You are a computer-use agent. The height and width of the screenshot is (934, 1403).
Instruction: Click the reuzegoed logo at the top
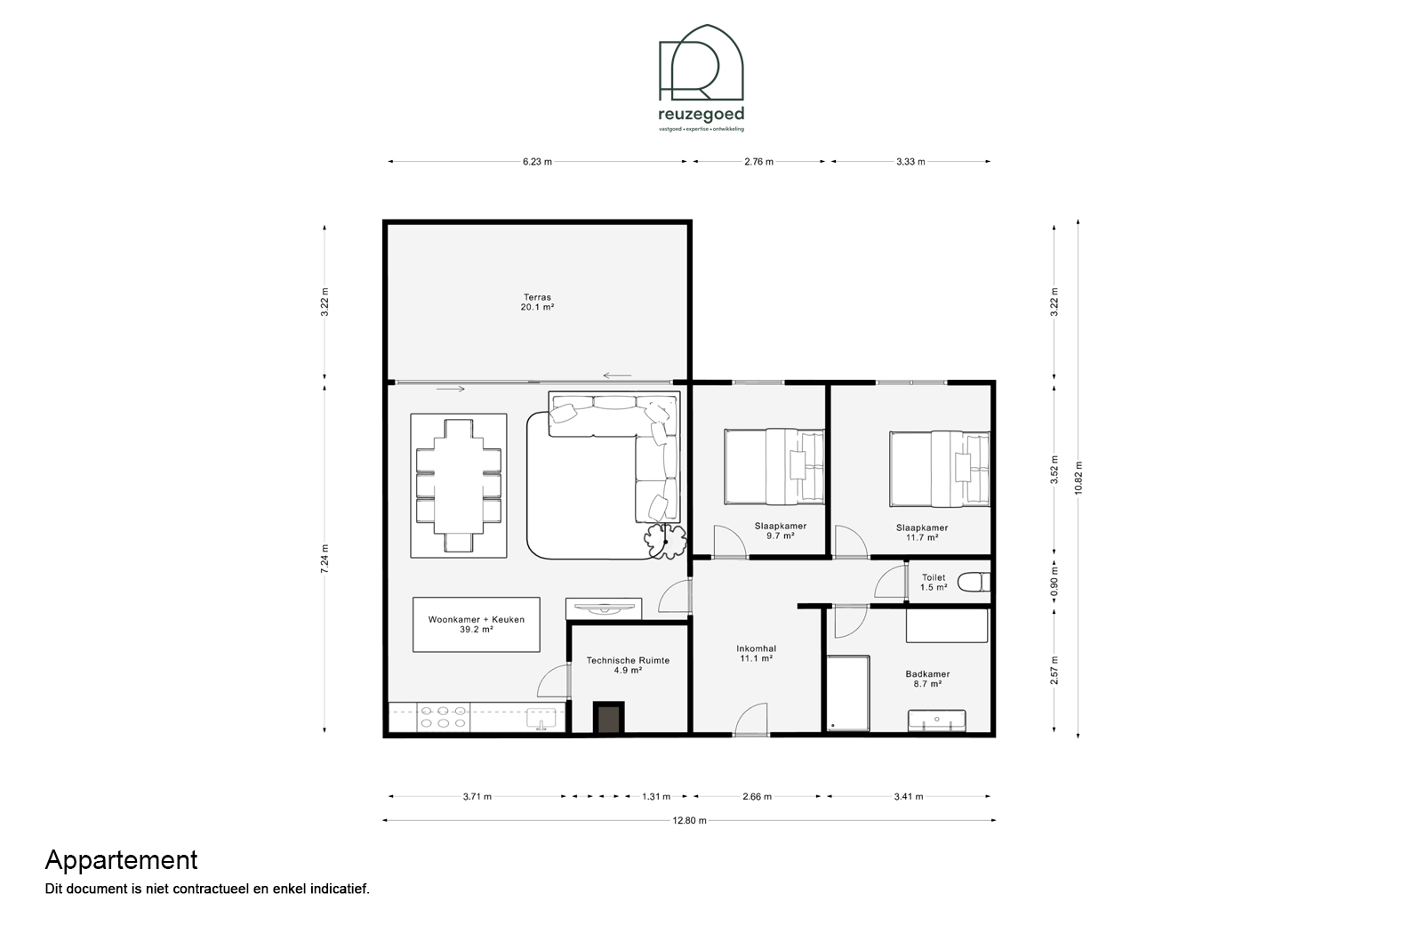click(x=701, y=77)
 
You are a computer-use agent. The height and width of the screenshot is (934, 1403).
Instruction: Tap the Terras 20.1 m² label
click(x=537, y=302)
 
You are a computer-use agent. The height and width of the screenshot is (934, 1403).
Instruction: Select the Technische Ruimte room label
click(x=628, y=665)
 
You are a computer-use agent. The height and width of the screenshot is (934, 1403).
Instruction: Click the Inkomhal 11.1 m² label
click(x=756, y=653)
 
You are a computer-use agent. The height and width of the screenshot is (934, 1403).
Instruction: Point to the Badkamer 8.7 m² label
click(x=927, y=679)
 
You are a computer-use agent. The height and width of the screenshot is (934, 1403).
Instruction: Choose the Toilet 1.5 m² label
click(x=934, y=583)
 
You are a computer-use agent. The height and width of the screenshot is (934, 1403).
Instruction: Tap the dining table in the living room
click(x=459, y=486)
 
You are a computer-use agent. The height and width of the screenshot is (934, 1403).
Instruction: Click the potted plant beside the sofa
click(x=665, y=540)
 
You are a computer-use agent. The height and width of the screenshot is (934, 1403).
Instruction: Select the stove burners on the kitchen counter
click(x=443, y=717)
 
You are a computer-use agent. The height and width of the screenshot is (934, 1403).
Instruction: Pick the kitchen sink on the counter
click(x=541, y=719)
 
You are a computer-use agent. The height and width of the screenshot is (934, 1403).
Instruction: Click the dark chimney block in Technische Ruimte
click(x=608, y=718)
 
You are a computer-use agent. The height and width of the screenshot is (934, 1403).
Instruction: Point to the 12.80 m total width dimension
click(x=689, y=820)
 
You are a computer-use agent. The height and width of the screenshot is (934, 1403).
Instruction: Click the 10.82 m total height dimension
click(x=1078, y=479)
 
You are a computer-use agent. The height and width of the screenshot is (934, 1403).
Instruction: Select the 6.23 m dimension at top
click(x=537, y=162)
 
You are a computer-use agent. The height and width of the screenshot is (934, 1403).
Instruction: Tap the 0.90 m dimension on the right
click(x=1054, y=582)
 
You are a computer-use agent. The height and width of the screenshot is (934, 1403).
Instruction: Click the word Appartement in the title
click(x=122, y=861)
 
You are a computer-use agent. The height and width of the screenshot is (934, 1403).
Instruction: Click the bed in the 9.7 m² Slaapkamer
click(x=774, y=466)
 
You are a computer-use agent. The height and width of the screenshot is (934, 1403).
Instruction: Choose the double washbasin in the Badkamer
click(x=936, y=721)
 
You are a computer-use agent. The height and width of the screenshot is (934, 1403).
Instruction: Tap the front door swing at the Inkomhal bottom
click(x=750, y=719)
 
